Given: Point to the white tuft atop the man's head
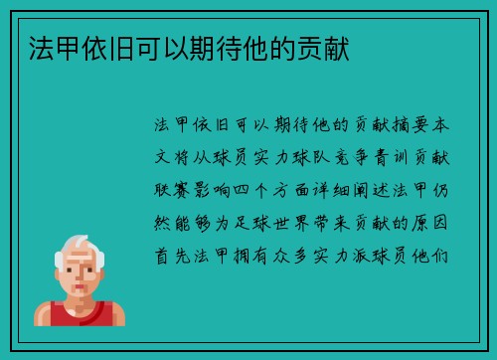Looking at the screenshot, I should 81,242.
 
